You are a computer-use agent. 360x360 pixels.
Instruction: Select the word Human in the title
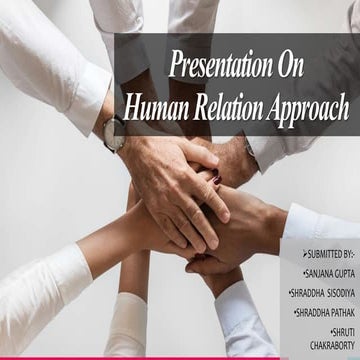[x=154, y=108]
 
